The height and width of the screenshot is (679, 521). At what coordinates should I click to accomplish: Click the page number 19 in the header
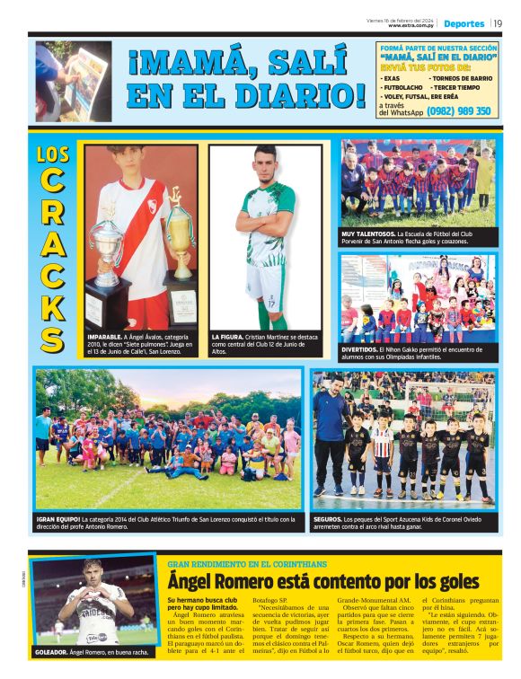pyautogui.click(x=498, y=23)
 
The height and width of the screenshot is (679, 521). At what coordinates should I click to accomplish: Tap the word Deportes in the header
pyautogui.click(x=464, y=23)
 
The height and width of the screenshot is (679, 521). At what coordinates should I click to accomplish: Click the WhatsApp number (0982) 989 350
pyautogui.click(x=458, y=111)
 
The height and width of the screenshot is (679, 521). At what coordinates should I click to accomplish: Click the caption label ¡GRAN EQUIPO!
pyautogui.click(x=58, y=518)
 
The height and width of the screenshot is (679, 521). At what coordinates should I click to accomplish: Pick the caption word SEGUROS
pyautogui.click(x=328, y=518)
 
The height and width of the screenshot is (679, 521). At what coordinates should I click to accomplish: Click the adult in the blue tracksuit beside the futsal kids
pyautogui.click(x=331, y=440)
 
